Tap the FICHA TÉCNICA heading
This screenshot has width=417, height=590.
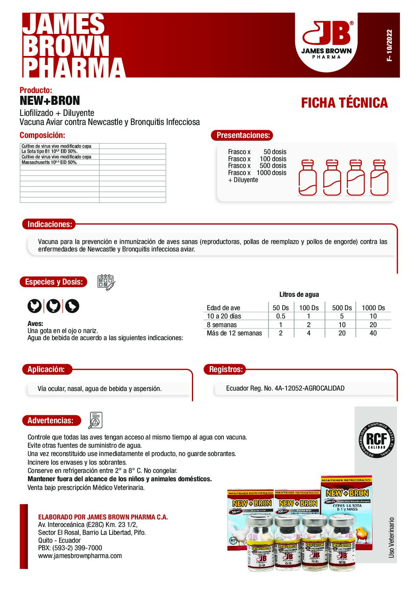point(344,103)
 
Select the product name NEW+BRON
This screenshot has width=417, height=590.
point(50,101)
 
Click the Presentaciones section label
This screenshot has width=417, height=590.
point(243,135)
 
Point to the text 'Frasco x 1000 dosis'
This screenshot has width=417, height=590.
point(257,173)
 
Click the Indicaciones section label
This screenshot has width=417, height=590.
point(50,224)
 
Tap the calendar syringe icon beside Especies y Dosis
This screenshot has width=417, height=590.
point(106,283)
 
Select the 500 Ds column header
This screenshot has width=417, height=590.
point(342,308)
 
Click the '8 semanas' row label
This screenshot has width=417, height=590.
point(222,325)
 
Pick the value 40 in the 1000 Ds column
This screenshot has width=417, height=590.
point(373,333)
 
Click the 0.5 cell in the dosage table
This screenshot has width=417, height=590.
point(281,316)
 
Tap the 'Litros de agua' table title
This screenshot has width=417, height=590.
point(299,294)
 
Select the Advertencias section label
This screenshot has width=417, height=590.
point(50,421)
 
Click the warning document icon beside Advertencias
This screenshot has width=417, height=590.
point(95,421)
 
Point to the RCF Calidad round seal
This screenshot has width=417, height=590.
point(377,440)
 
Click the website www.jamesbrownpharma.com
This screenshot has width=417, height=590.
point(80,556)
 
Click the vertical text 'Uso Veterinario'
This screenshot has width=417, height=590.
point(391,537)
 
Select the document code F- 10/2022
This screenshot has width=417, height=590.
point(389,45)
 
